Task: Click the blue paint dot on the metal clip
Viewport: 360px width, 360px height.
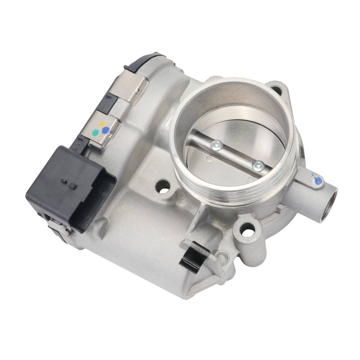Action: click(105, 130)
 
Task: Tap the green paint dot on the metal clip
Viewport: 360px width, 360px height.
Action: click(95, 133)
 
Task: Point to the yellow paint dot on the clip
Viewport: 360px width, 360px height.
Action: click(102, 123)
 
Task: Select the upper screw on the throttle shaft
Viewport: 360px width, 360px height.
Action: click(217, 144)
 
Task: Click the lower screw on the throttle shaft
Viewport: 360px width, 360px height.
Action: click(258, 166)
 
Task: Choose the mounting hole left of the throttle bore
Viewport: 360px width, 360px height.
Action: click(163, 185)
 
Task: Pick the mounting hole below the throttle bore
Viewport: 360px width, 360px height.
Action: click(247, 232)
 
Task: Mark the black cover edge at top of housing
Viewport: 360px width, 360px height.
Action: click(144, 61)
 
